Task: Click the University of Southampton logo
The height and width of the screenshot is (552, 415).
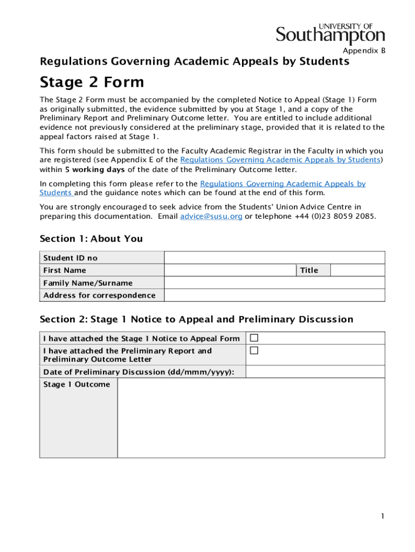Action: pyautogui.click(x=330, y=33)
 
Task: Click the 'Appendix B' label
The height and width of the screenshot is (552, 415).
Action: pyautogui.click(x=364, y=51)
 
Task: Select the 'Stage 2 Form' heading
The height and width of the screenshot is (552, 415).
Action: pyautogui.click(x=92, y=82)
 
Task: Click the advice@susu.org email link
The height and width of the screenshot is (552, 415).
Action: pyautogui.click(x=211, y=216)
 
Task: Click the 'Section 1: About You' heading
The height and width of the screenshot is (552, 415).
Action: pyautogui.click(x=91, y=239)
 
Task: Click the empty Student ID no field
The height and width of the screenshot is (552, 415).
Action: pyautogui.click(x=274, y=258)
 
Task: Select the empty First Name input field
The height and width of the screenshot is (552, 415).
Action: pyautogui.click(x=230, y=270)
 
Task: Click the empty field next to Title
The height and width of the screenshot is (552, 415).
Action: pyautogui.click(x=357, y=270)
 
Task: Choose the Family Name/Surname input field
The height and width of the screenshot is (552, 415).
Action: pyautogui.click(x=274, y=283)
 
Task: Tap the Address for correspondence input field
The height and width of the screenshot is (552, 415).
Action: pyautogui.click(x=274, y=295)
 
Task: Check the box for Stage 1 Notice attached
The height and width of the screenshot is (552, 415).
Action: pyautogui.click(x=254, y=338)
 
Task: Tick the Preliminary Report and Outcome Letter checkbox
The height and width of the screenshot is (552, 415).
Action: pyautogui.click(x=254, y=350)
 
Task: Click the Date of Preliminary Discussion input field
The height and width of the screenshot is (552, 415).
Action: pyautogui.click(x=315, y=372)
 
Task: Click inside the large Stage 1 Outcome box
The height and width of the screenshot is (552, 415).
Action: pyautogui.click(x=251, y=418)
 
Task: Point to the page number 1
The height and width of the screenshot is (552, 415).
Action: pyautogui.click(x=382, y=516)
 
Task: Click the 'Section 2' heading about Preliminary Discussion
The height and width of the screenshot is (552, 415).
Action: pyautogui.click(x=196, y=320)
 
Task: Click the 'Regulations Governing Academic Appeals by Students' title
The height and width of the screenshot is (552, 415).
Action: pyautogui.click(x=195, y=62)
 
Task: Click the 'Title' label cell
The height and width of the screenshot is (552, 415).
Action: pyautogui.click(x=309, y=270)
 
